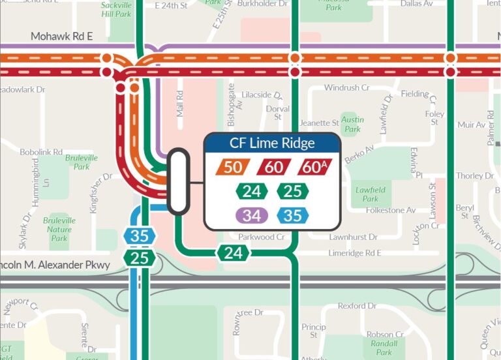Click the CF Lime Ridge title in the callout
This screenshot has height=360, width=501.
(272, 143)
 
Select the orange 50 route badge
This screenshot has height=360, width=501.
(232, 167)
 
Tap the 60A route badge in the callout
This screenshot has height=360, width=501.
(315, 167)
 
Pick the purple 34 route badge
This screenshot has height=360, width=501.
(251, 215)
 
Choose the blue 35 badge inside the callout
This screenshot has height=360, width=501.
(292, 215)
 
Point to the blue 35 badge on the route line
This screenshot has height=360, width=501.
(140, 236)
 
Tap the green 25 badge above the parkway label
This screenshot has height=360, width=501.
(140, 258)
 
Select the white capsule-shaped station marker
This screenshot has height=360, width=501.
(178, 182)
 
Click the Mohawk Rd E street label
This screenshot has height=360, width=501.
(62, 37)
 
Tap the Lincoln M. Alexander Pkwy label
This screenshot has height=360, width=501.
(55, 265)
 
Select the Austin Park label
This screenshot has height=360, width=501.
(353, 125)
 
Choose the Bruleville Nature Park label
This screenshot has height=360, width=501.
(59, 230)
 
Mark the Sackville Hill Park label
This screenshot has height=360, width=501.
(116, 9)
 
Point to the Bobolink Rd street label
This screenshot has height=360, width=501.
(40, 151)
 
